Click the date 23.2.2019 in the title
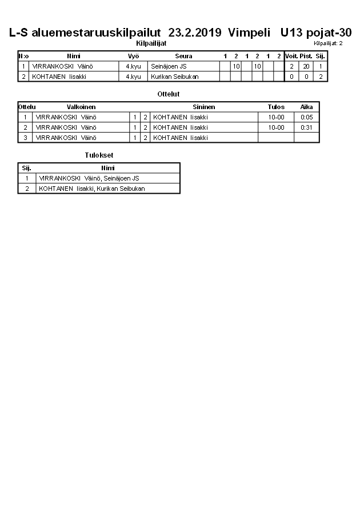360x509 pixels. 195,33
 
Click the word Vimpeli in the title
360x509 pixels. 249,33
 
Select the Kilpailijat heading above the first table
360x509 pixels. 151,43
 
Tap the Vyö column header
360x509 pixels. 133,56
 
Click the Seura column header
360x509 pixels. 183,56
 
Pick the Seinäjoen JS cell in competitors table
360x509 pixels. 169,66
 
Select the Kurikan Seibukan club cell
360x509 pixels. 175,77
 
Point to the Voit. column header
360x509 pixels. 291,56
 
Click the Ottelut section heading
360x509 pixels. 168,94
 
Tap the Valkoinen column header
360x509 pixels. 81,107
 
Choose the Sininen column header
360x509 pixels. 204,107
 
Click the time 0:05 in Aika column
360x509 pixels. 307,117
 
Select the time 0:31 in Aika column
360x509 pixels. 307,127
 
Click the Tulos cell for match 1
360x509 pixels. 276,117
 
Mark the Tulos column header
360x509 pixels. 276,107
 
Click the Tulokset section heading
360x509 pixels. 99,155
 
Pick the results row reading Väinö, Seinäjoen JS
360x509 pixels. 89,178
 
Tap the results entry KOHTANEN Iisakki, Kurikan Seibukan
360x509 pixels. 92,189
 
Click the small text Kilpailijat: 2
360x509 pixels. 328,43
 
